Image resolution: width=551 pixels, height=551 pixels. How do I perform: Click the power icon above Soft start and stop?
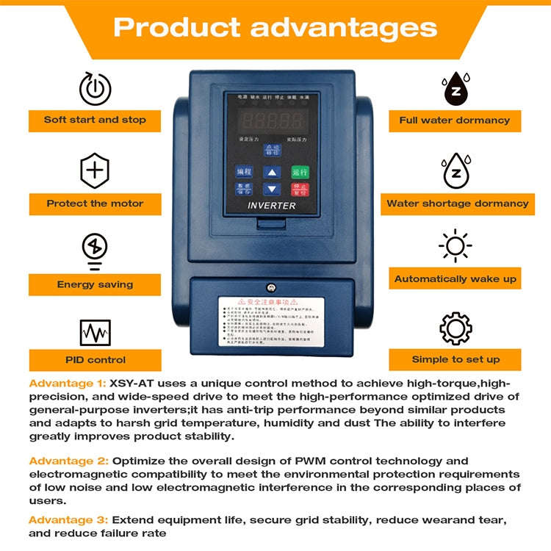pos(96,88)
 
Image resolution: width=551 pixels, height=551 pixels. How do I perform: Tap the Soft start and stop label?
pos(96,120)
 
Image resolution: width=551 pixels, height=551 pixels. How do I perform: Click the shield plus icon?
pos(95,171)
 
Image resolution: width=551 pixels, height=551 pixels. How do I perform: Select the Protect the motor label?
pos(96,204)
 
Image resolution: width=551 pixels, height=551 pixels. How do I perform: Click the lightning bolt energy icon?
pos(95,248)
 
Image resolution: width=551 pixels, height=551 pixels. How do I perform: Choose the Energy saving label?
pos(96,284)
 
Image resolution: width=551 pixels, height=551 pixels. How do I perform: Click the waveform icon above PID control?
pos(95,333)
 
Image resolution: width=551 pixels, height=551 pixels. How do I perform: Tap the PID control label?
pos(96,360)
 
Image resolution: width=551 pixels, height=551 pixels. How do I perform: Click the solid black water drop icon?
pos(455,89)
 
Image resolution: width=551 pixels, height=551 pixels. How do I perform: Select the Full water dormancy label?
pos(455,120)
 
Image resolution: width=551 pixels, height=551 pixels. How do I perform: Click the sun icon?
pos(455,245)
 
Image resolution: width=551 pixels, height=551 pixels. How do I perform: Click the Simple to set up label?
pos(455,359)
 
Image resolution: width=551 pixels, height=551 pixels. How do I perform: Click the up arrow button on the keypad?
pos(273,173)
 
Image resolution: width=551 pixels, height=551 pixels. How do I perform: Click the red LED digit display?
pos(272,121)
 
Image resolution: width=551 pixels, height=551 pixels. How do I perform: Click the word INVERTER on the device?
pos(271,206)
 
